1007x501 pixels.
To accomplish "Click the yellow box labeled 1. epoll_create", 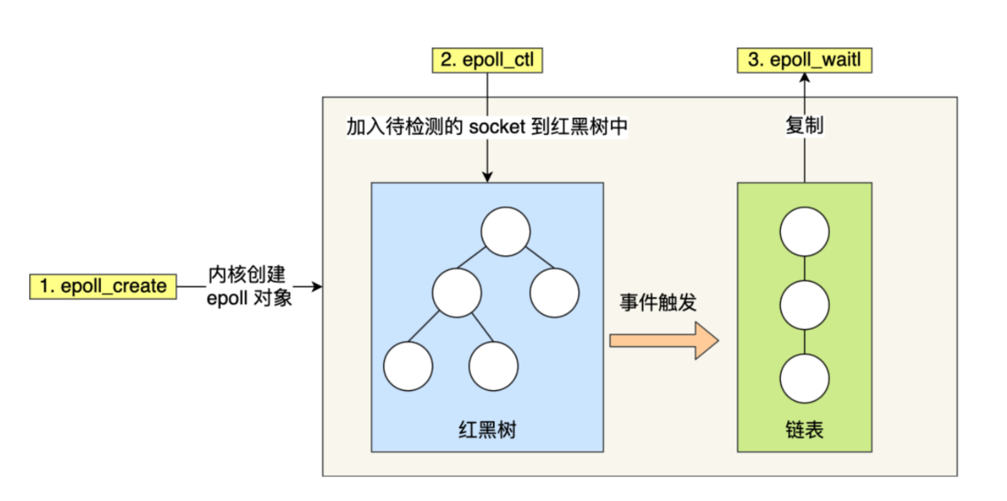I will click(103, 286).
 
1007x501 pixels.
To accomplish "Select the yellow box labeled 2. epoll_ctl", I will click(487, 60).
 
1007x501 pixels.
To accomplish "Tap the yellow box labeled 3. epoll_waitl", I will click(805, 60).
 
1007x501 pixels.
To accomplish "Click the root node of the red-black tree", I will click(505, 231).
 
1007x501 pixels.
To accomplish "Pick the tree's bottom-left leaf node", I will click(408, 365).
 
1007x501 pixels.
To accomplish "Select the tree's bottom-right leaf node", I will click(493, 365).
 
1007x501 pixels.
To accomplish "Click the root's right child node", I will click(555, 291).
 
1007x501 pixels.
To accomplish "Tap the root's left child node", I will click(457, 291).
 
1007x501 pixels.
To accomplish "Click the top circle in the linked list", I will click(804, 232).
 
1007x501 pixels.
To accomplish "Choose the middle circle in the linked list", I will click(804, 304).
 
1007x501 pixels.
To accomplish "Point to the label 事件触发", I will click(657, 301).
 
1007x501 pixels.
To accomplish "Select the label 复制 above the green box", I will click(804, 125).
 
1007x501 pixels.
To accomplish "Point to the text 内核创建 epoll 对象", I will click(247, 286).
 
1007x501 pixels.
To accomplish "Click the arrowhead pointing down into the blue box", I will click(487, 177).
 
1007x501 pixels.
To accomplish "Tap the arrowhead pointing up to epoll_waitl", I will click(805, 78).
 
